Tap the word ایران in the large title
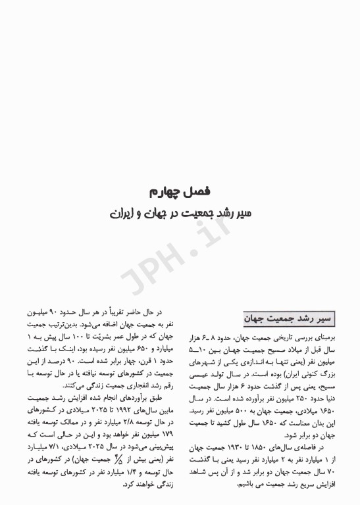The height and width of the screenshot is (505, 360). coord(123,214)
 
